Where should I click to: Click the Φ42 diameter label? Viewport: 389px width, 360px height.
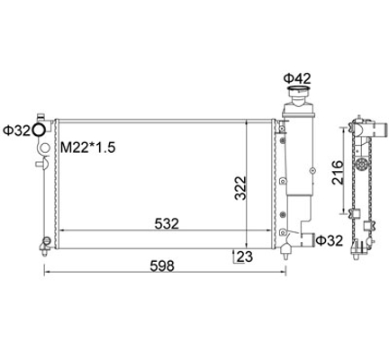(x=297, y=78)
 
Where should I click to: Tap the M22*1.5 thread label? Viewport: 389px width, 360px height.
(x=88, y=148)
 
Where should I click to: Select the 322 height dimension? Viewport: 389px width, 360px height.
(x=240, y=188)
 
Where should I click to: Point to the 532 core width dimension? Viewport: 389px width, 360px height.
(x=167, y=223)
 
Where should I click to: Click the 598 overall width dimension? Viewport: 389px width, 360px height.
(x=162, y=265)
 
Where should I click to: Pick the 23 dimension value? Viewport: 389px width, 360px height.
(x=245, y=256)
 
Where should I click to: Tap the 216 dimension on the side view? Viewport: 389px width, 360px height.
(x=338, y=172)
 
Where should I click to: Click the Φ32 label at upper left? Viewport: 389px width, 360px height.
(x=16, y=130)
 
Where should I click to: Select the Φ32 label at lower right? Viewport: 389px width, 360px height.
(x=330, y=240)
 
